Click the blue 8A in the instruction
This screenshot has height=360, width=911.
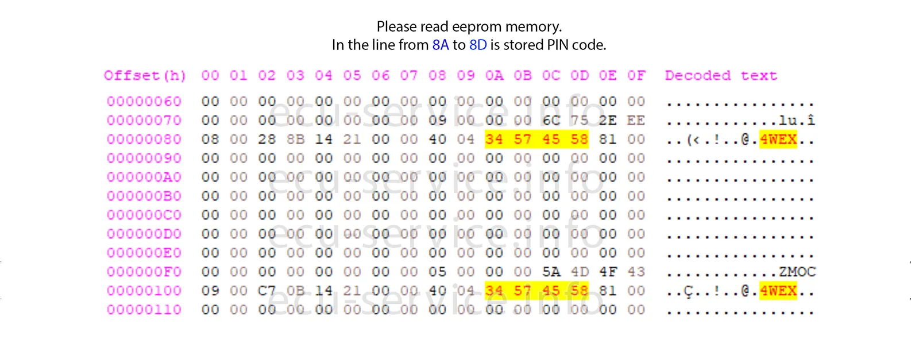[x=440, y=45]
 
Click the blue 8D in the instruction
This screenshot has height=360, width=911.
[x=478, y=45]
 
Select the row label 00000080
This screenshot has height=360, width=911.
[x=144, y=140]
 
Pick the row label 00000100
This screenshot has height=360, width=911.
[x=144, y=291]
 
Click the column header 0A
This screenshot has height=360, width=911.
[x=494, y=76]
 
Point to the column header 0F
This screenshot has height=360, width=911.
[x=636, y=76]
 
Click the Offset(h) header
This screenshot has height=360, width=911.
[x=145, y=76]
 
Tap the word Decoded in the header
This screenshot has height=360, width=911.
[x=698, y=76]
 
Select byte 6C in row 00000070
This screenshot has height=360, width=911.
[x=551, y=121]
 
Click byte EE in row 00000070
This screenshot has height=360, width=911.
[x=636, y=121]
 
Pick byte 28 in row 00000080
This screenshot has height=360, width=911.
[x=267, y=140]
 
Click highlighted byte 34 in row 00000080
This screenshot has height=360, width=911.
[x=494, y=140]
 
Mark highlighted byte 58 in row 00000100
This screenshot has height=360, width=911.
[x=579, y=291]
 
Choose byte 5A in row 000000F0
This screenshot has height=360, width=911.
[x=551, y=272]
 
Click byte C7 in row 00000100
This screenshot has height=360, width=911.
[x=267, y=291]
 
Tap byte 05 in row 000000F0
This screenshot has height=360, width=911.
[x=437, y=272]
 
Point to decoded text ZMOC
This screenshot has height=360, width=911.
[x=797, y=272]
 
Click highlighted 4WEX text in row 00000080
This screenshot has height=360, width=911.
[x=778, y=140]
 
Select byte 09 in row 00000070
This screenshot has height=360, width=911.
[x=437, y=121]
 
